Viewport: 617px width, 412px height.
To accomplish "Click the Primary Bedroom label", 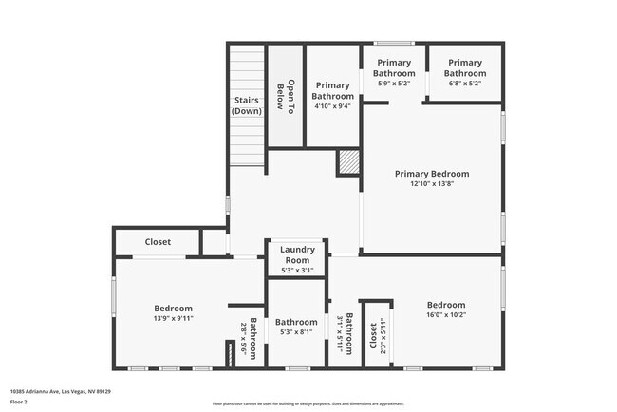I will point(432,174).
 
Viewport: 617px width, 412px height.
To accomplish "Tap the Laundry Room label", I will point(296,254).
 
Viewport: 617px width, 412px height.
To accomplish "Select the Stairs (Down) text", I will point(246,105).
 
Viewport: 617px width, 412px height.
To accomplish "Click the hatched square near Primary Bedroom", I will point(348,163).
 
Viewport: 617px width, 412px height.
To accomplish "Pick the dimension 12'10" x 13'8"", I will point(432,184).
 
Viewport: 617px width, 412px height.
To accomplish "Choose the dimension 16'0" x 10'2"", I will point(445,315).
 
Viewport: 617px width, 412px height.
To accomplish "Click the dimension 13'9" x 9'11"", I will point(173,319).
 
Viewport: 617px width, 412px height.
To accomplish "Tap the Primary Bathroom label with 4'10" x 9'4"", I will point(333,90).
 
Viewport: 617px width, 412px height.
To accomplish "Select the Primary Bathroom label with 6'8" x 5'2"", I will point(465,67).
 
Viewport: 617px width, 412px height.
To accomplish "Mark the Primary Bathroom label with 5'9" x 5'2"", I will point(393,67).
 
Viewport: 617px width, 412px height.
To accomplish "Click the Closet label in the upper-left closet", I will point(158,242).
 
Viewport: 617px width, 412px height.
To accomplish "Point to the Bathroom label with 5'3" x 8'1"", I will point(296,322).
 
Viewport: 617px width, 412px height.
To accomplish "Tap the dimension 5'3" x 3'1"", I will point(296,271).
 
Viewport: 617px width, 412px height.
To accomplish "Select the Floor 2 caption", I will point(18,401).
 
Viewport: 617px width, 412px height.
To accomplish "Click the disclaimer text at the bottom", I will point(308,405).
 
